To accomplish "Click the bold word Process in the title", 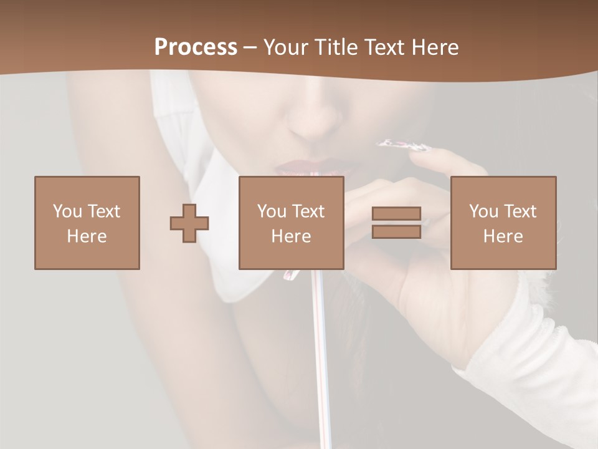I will pos(196,47).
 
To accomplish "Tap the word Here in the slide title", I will pos(434,47).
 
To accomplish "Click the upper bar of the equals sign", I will pos(396,213).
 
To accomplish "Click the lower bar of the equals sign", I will pos(396,231).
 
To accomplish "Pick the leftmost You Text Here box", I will pos(87,223).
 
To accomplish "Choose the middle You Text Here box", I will pos(291,223).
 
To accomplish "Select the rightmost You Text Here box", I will pos(503,223).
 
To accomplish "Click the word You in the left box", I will pos(65,211).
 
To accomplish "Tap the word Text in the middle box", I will pos(308,211).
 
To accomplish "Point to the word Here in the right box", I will pos(503,236).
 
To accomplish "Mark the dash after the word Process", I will pos(250,47).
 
